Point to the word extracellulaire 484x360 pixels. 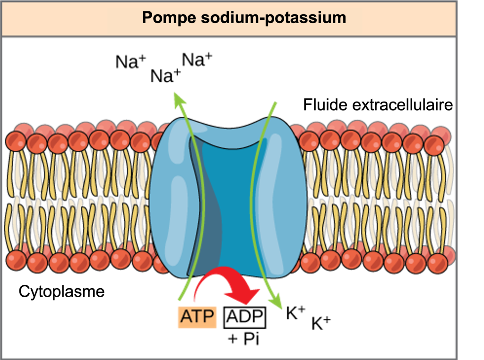(x=399, y=104)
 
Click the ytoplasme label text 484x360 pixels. (x=68, y=291)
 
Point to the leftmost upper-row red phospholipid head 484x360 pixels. (x=17, y=140)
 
